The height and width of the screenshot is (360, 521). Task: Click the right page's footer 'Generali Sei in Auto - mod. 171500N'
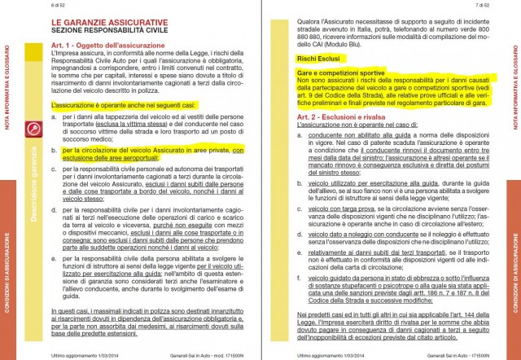pyautogui.click(x=450, y=355)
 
